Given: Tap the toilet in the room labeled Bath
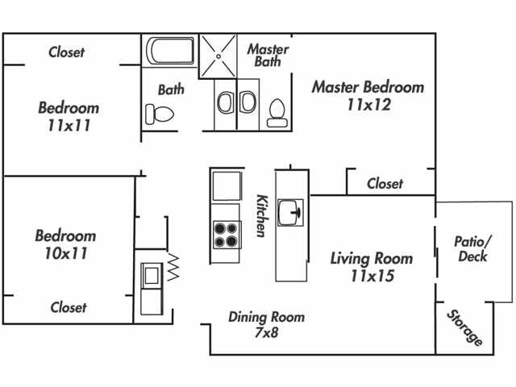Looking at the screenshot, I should click(x=156, y=114).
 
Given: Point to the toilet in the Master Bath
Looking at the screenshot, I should click(x=277, y=111).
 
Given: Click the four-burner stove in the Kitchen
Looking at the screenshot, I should click(x=227, y=234).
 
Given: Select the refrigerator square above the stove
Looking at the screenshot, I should click(x=226, y=185).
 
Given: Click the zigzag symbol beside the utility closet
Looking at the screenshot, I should click(x=174, y=266).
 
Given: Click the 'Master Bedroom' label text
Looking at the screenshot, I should click(x=368, y=86).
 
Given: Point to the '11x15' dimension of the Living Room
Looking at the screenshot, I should click(x=372, y=276).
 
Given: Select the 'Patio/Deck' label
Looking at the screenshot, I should click(x=471, y=248).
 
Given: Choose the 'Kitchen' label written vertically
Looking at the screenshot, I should click(x=261, y=215).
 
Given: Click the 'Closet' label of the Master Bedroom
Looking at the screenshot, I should click(x=385, y=184).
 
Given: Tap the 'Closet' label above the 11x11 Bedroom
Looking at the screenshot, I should click(x=66, y=52).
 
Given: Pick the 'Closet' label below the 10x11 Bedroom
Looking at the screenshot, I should click(x=69, y=307).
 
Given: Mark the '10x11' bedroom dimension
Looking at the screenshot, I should click(x=64, y=253).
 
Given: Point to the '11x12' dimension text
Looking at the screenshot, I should click(x=368, y=104).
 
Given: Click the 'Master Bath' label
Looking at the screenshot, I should click(x=268, y=55).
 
